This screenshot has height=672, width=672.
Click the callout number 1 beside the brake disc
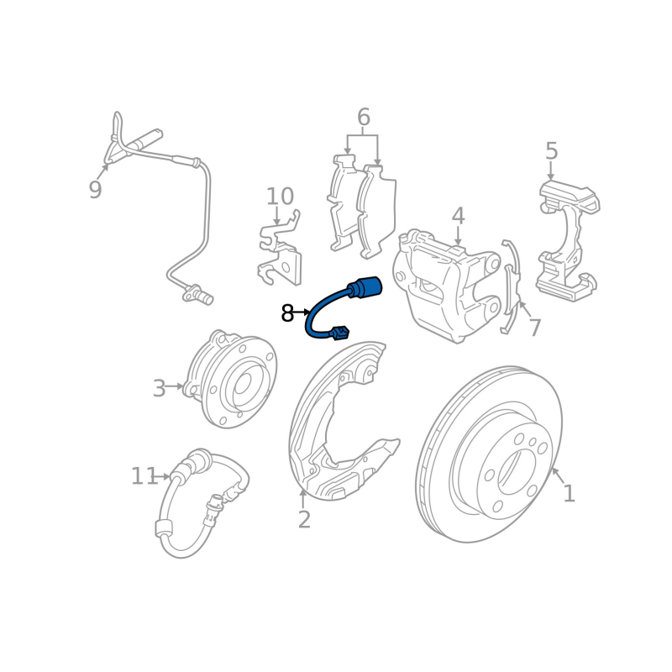tap(569, 493)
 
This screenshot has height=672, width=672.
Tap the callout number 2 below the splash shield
tap(304, 519)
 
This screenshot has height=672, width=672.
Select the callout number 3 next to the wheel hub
tap(159, 389)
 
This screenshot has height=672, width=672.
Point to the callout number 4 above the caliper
tap(458, 216)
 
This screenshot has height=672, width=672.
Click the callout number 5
tap(552, 151)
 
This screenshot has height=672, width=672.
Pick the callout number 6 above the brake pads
tap(364, 117)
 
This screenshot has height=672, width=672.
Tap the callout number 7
tap(534, 328)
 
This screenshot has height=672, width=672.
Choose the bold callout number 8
tap(287, 313)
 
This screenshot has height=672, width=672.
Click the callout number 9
tap(95, 189)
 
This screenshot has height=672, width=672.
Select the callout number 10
tap(280, 197)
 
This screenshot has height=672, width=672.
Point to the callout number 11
tap(144, 475)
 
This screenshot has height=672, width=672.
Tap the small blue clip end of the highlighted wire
tap(340, 333)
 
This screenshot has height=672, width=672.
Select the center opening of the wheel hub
tap(242, 383)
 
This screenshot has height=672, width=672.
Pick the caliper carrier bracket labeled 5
tap(568, 240)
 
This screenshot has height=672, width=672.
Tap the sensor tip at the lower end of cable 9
tap(198, 294)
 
